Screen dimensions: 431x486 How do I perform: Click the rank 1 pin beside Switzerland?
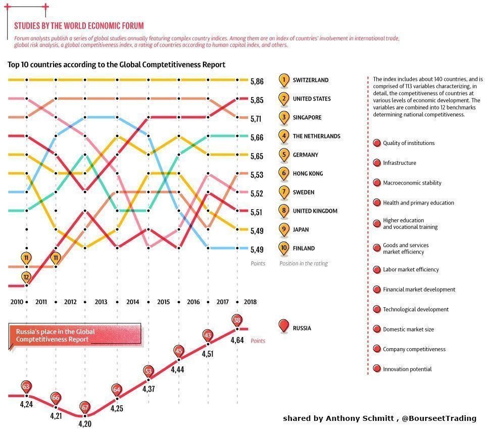[x=284, y=80]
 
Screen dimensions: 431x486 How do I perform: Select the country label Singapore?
[x=307, y=118]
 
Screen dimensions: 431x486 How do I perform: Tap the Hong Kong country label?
[x=308, y=174]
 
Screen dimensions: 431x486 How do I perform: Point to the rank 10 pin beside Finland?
[x=284, y=248]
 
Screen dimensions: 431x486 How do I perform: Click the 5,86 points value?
[x=257, y=81]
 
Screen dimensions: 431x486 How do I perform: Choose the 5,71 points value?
[x=257, y=119]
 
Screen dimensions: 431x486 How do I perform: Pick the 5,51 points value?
[x=257, y=212]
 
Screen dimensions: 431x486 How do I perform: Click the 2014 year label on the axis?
[x=132, y=302]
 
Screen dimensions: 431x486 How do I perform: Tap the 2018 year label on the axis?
[x=250, y=302]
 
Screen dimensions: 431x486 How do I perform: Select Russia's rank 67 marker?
[x=85, y=407]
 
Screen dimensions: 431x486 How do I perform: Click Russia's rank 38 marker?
[x=237, y=320]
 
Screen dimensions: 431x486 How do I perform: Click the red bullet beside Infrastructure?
[x=376, y=163]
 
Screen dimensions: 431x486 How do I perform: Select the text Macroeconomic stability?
[x=412, y=183]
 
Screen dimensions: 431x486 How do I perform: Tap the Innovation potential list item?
[x=407, y=369]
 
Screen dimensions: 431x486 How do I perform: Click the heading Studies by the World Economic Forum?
[x=79, y=26]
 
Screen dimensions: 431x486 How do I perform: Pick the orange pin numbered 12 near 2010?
[x=26, y=277]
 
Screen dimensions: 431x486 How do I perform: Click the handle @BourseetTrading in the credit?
[x=439, y=418]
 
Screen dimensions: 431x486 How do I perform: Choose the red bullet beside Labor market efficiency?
[x=376, y=269]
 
